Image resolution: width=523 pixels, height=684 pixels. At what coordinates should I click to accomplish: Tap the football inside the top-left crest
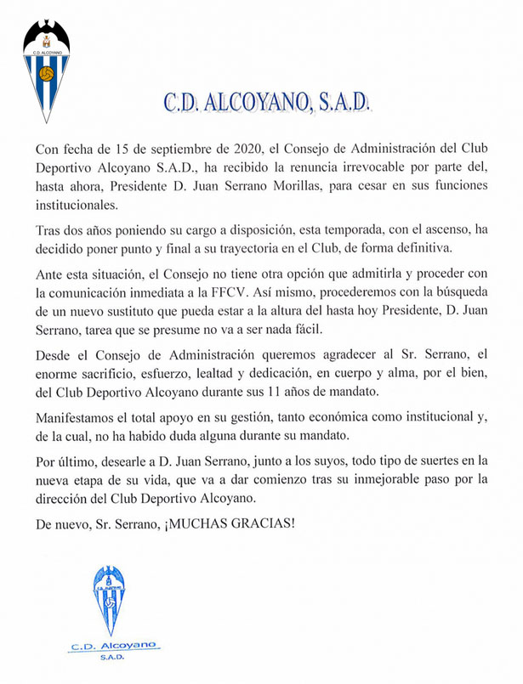pos(47,74)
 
